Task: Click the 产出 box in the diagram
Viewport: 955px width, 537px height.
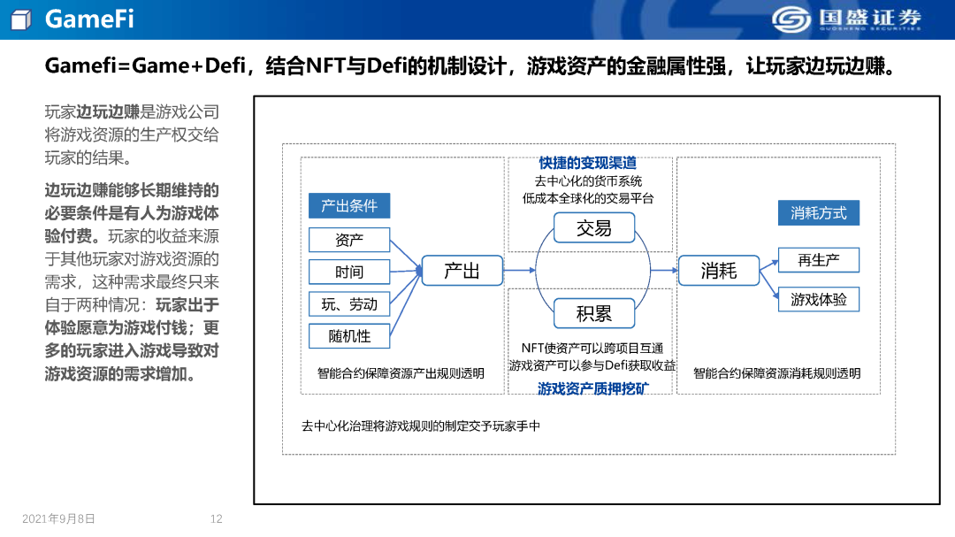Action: click(x=462, y=271)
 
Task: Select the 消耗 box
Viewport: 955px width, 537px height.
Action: click(x=718, y=271)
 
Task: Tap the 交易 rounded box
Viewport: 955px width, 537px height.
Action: click(x=593, y=228)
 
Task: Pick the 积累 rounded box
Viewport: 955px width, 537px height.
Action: click(x=593, y=313)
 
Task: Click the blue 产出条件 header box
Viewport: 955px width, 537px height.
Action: click(x=349, y=206)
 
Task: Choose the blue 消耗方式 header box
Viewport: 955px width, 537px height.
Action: click(x=818, y=213)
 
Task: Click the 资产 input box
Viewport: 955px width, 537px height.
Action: click(x=349, y=240)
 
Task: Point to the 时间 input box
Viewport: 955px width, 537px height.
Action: click(x=349, y=272)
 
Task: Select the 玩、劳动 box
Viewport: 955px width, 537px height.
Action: click(x=349, y=304)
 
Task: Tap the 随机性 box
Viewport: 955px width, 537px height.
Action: click(x=349, y=336)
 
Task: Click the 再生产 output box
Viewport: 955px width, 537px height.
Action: click(x=818, y=260)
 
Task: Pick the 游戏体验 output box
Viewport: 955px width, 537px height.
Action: click(x=818, y=300)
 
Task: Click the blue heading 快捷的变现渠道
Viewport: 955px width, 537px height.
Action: click(x=588, y=164)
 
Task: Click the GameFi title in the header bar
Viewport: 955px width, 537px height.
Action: click(x=89, y=19)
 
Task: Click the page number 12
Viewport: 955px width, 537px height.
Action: click(x=217, y=519)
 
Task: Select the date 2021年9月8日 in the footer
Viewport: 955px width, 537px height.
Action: click(x=58, y=519)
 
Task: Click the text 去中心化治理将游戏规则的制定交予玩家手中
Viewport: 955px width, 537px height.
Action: click(x=420, y=426)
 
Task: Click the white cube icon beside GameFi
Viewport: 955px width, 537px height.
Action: click(x=21, y=19)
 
